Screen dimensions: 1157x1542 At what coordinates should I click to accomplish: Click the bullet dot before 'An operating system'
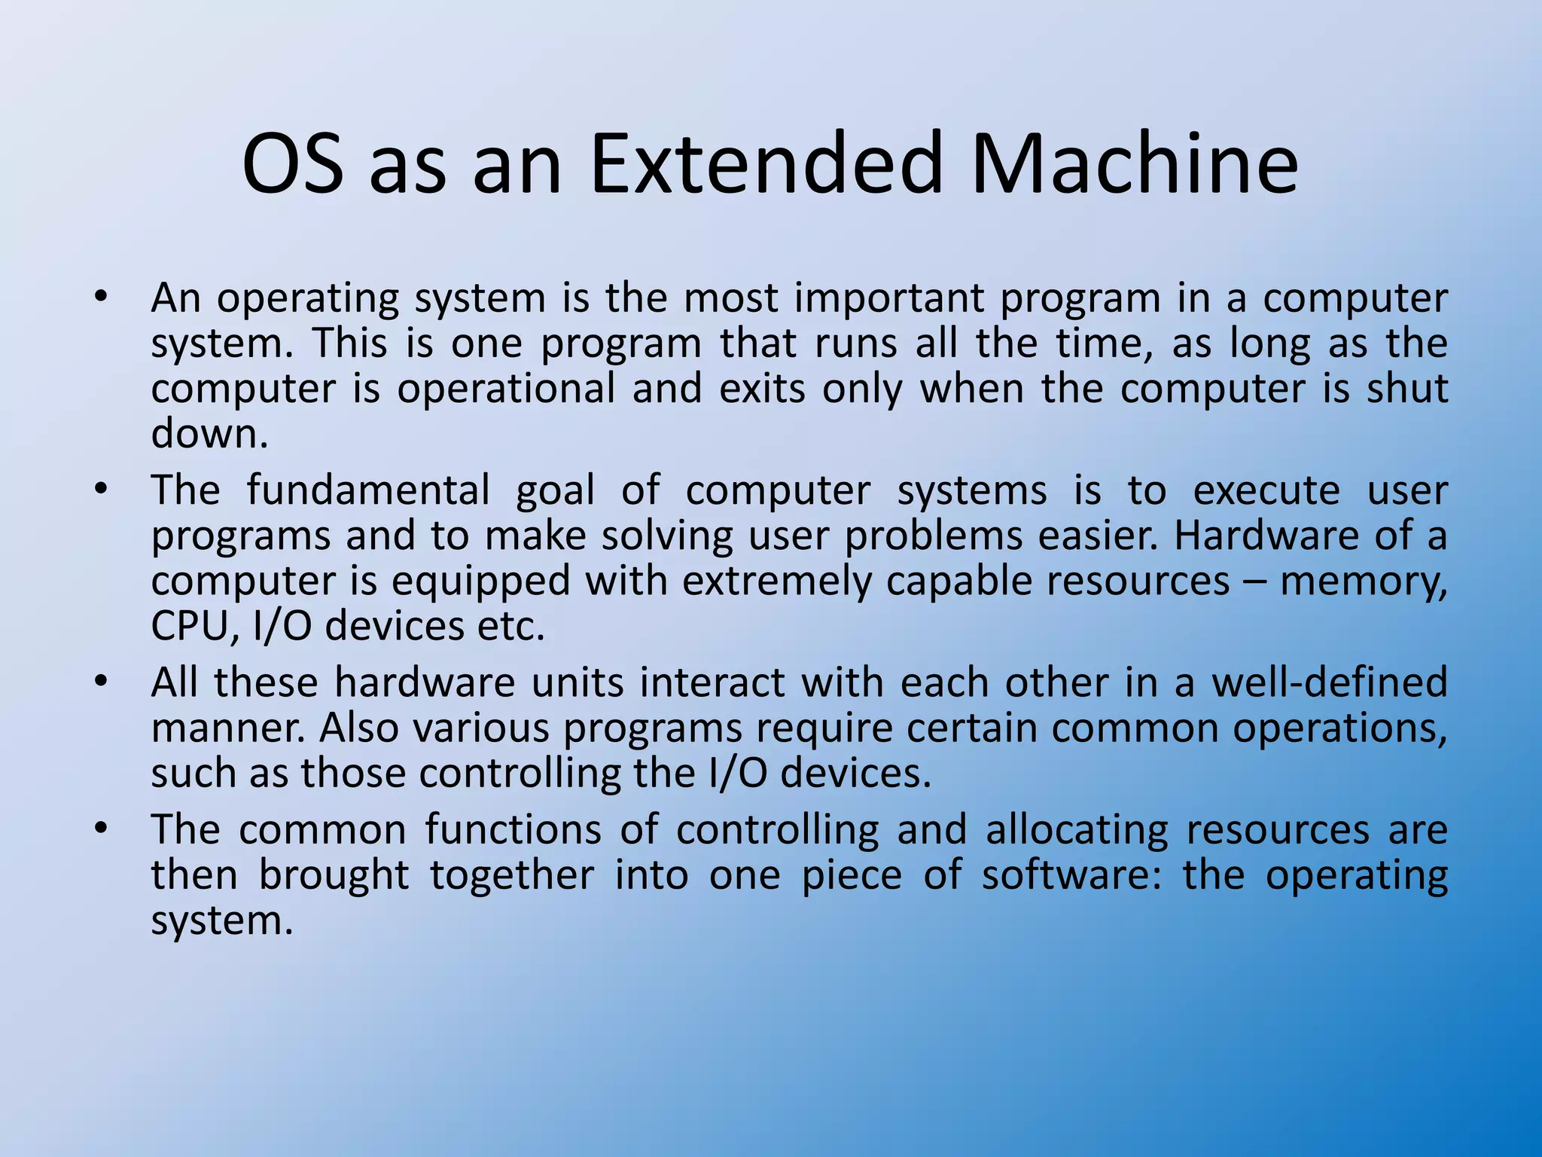click(101, 296)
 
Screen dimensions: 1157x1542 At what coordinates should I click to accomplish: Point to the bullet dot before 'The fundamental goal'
click(101, 490)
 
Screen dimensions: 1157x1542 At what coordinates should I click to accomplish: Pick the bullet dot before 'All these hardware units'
click(101, 682)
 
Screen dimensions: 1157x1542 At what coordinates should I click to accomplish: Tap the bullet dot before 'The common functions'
click(101, 829)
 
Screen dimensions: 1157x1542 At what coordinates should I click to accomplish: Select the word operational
click(506, 389)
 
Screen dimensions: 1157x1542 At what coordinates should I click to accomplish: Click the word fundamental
click(368, 490)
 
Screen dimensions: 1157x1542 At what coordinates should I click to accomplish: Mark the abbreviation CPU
click(190, 627)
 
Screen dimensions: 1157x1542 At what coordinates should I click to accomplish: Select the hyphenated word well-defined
click(1330, 682)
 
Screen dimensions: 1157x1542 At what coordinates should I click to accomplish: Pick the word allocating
click(1077, 829)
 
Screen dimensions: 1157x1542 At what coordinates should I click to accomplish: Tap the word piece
click(851, 875)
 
